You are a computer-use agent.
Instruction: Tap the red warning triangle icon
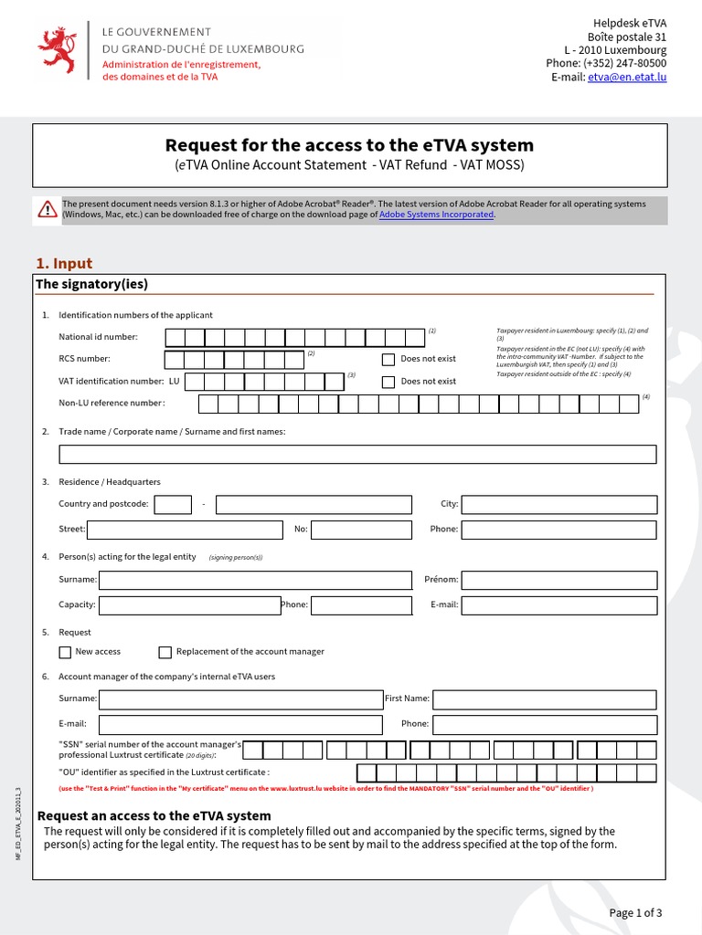48,210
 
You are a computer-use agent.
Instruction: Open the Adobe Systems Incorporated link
436,215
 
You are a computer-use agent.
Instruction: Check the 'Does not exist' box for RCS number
388,359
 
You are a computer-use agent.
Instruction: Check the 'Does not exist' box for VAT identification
388,382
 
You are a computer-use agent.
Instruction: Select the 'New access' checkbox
65,652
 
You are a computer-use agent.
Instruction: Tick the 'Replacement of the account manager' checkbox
165,652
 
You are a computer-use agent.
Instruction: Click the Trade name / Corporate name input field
357,455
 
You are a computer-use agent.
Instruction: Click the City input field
558,505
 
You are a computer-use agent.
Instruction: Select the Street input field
185,530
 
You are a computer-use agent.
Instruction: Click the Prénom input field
558,580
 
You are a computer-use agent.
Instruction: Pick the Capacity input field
189,604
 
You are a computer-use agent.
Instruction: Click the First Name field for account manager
544,699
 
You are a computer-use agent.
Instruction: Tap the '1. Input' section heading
64,264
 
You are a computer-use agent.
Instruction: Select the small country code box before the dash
173,505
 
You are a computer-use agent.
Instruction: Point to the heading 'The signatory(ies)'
91,284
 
